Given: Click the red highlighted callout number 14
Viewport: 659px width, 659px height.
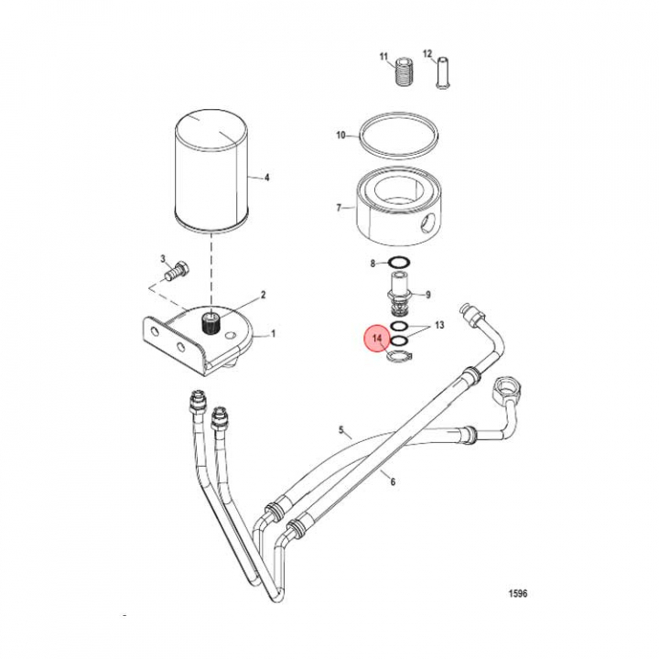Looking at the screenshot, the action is [x=377, y=339].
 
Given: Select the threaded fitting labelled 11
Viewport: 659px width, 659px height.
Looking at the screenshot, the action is [x=405, y=72].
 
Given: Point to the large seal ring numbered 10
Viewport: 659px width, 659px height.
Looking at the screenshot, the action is [x=399, y=135].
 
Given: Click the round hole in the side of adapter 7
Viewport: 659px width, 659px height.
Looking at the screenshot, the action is [x=428, y=222].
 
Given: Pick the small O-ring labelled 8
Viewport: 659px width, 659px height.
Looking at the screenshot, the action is [x=399, y=263].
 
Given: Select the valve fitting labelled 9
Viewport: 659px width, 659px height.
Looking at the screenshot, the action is [x=399, y=296].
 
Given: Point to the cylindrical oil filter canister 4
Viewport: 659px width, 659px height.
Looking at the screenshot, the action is [x=211, y=170].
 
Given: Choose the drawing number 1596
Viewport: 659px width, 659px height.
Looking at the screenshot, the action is [x=518, y=593].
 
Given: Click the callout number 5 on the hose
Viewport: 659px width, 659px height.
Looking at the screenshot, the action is [x=341, y=430].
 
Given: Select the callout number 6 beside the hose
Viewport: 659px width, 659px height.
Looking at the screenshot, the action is [x=393, y=481].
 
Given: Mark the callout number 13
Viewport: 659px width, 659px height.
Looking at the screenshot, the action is [x=439, y=325].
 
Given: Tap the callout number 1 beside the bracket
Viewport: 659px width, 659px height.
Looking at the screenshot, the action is [x=273, y=334].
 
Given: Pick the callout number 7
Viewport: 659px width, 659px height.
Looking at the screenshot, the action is [x=339, y=208].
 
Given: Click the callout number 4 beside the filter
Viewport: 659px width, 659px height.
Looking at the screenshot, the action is [x=267, y=178].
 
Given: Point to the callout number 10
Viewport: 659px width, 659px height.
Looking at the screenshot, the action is [x=340, y=135].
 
